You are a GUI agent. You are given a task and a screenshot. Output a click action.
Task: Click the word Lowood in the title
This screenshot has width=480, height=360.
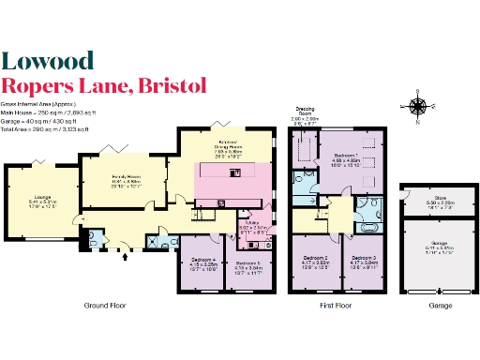click(47, 61)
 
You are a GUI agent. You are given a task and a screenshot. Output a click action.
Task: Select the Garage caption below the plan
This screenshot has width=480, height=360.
click(427, 306)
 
